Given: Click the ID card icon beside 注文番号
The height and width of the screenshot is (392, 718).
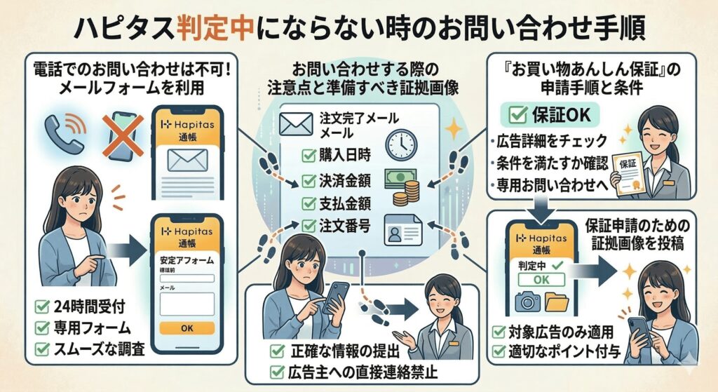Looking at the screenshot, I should [402, 229].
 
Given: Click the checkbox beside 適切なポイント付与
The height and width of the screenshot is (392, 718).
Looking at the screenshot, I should [497, 350].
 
